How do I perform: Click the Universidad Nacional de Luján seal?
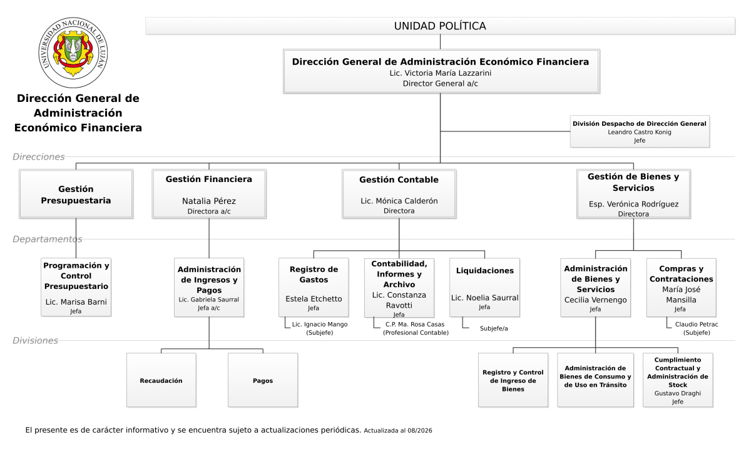(x=73, y=53)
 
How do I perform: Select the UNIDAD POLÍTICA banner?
(x=440, y=26)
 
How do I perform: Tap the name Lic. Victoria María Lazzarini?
(x=440, y=73)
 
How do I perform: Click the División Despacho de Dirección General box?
(x=640, y=131)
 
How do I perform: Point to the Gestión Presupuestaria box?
(x=76, y=194)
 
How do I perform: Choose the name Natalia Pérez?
(x=209, y=201)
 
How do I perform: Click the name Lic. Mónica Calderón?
(x=399, y=201)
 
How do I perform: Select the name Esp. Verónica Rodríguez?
(x=633, y=204)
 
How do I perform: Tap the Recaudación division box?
(x=161, y=380)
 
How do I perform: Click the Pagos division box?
(x=263, y=380)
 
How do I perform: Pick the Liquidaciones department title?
(x=485, y=271)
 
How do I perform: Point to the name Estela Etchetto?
(x=314, y=299)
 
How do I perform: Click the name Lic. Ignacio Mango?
(x=320, y=324)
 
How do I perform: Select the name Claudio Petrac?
(x=697, y=324)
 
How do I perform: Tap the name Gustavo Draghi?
(x=678, y=393)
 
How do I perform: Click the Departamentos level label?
(x=48, y=239)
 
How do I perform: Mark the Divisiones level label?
(x=35, y=341)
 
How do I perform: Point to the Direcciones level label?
(x=39, y=157)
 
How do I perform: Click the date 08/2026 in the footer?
(x=420, y=430)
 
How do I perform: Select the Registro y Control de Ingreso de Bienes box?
(x=513, y=380)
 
